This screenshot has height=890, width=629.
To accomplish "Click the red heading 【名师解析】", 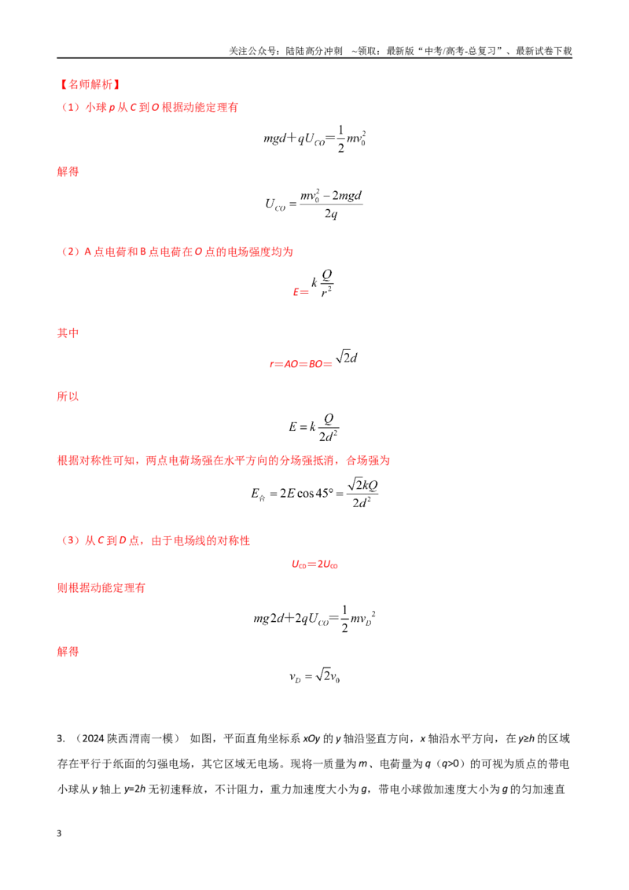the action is (90, 85).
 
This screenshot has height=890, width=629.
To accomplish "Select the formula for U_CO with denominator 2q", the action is (314, 204).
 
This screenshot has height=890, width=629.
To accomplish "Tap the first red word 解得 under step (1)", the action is (68, 171).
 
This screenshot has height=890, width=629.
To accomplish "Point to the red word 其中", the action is (68, 333).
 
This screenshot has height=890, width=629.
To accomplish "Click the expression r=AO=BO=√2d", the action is (314, 360).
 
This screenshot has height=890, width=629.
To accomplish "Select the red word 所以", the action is (68, 396).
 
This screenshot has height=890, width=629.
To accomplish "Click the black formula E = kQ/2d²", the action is (314, 428).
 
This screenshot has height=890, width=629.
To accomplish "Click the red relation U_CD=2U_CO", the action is (314, 565).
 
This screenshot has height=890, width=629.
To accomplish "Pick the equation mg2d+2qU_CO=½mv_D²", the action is (314, 619).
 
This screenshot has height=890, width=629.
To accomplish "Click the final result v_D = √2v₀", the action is (314, 676).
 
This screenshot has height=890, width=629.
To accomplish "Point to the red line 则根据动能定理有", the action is (101, 588).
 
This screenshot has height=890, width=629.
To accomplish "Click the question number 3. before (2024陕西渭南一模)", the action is (61, 738).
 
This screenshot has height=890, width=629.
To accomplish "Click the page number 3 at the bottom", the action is (59, 833).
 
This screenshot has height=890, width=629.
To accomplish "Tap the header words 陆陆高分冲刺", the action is (314, 51).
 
